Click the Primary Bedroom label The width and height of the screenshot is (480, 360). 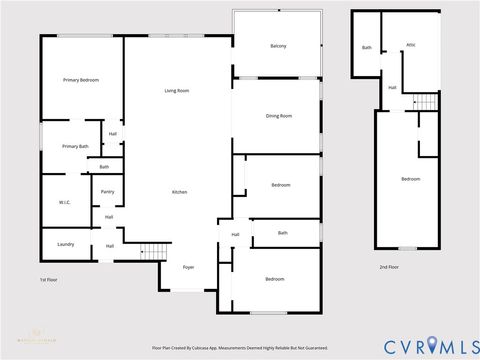click(81, 79)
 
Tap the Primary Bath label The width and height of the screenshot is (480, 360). click(75, 146)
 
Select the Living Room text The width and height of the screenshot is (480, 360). click(177, 91)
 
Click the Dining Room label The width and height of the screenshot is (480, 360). click(279, 116)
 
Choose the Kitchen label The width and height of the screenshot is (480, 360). click(179, 191)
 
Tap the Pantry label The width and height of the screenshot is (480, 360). click(107, 191)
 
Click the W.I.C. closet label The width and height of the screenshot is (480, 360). click(64, 202)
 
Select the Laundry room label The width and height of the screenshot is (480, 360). click(66, 243)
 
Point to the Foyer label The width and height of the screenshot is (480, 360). click(188, 267)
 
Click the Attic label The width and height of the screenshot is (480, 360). click(410, 45)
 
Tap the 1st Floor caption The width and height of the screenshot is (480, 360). click(49, 280)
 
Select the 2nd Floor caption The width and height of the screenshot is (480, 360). click(390, 267)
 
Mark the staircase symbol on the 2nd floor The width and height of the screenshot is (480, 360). click(426, 101)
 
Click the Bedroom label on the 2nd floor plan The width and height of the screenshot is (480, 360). click(410, 179)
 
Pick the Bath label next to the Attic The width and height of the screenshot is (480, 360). click(366, 47)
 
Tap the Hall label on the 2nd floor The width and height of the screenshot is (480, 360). click(392, 87)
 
